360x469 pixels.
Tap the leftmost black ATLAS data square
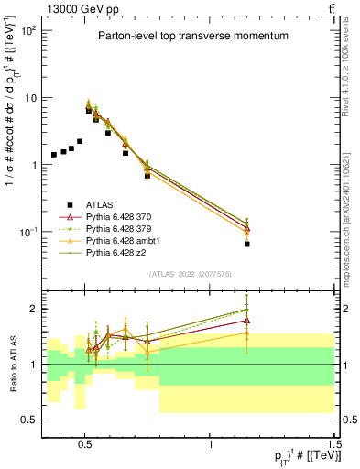(54, 155)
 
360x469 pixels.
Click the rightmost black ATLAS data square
(247, 245)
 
